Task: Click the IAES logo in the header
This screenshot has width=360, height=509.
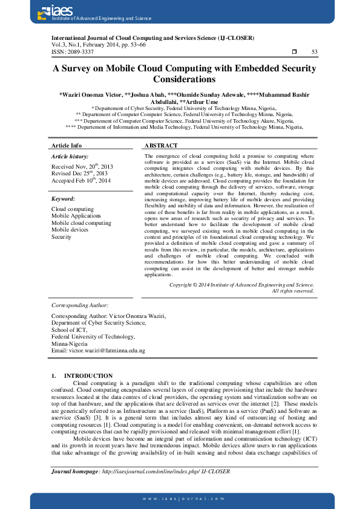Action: [54, 10]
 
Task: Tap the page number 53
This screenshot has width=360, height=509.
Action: [314, 52]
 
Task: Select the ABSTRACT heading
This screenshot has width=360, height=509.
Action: [162, 146]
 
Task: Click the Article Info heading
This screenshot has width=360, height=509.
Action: [67, 146]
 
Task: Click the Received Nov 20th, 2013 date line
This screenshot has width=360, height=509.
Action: [82, 166]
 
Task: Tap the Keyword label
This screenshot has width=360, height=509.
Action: [63, 198]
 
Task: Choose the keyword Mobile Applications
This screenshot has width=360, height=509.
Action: [76, 215]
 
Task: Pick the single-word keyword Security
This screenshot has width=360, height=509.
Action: [61, 237]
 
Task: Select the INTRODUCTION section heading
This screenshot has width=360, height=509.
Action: [88, 375]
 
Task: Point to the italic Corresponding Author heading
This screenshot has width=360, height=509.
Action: [80, 305]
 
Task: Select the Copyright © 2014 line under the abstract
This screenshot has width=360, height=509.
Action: [241, 284]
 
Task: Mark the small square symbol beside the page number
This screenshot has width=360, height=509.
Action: [294, 52]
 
